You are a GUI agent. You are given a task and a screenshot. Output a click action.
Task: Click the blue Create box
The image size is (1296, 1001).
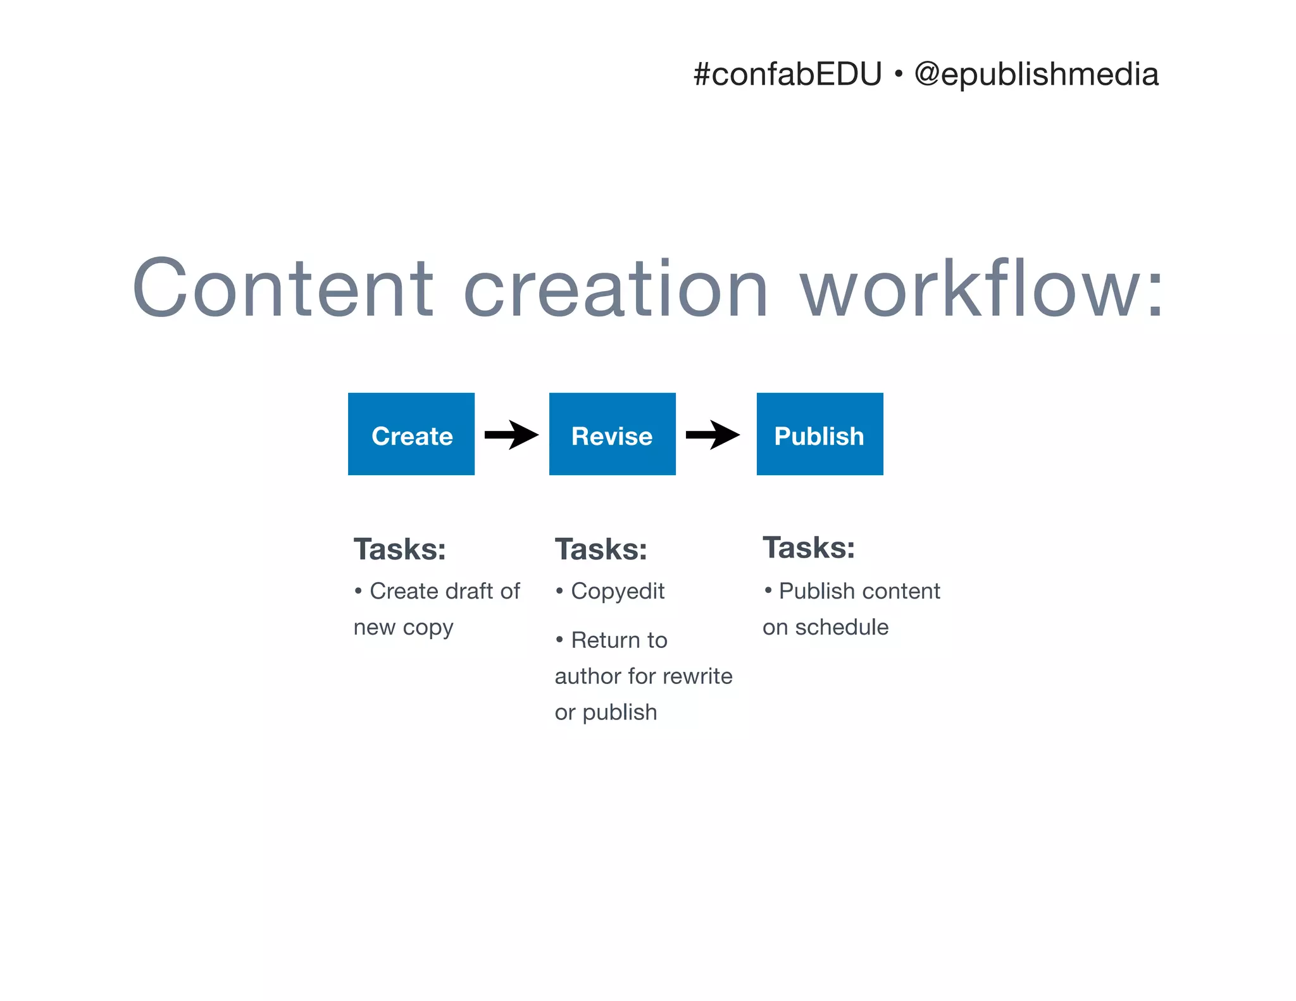[x=411, y=434]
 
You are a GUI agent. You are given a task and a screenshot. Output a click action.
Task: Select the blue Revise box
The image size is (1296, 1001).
[x=612, y=434]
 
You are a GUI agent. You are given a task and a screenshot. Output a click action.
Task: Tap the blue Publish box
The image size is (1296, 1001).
[x=819, y=434]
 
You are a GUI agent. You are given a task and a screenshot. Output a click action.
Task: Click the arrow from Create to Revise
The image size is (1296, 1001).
[x=511, y=435]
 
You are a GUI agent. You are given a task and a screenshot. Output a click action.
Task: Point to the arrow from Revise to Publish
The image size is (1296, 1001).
[x=713, y=435]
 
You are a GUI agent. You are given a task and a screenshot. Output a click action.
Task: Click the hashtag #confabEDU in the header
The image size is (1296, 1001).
[x=787, y=75]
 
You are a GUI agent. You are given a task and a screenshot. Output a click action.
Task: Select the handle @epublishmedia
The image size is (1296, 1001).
[x=1037, y=75]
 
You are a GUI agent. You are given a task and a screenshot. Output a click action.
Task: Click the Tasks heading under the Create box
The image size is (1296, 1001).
[x=399, y=549]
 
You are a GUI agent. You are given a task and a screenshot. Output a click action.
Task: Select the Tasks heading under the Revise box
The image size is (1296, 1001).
[x=601, y=549]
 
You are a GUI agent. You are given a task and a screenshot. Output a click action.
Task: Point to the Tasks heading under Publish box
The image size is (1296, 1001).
[x=808, y=548]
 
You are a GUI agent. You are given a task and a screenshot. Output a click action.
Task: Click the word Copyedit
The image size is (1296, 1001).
[x=618, y=592]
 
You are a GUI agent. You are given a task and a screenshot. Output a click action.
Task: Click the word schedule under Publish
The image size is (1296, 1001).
[x=842, y=627]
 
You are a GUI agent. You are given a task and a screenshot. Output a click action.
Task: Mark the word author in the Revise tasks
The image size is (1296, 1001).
[x=587, y=676]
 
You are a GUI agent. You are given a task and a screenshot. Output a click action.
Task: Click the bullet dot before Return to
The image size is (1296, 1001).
[x=559, y=640]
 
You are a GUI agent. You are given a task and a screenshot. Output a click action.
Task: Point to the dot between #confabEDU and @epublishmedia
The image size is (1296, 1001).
[x=898, y=75]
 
